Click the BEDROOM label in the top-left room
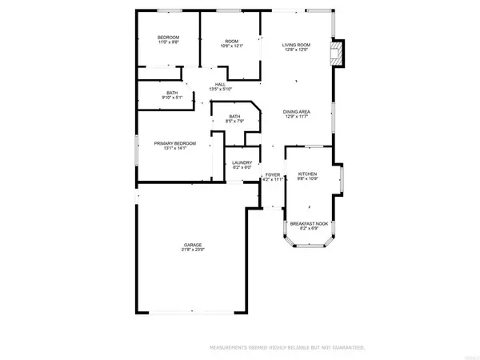168,38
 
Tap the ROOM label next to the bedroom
232,41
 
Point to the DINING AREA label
297,111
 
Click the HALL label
219,84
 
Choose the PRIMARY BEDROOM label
174,142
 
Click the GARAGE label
192,245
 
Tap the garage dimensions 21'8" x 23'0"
192,250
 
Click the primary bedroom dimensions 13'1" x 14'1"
174,148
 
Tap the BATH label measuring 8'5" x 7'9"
234,117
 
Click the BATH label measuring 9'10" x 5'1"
172,93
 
